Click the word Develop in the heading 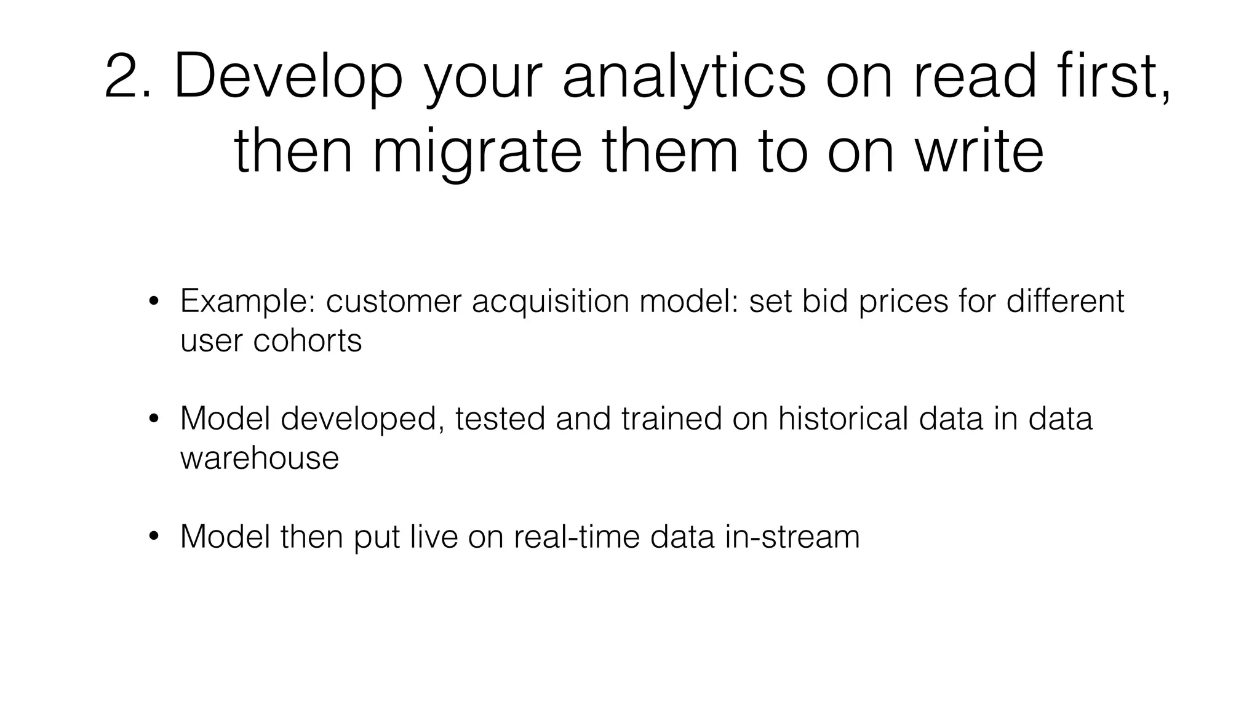[289, 76]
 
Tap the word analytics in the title [684, 76]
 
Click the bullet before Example [154, 302]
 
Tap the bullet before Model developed [154, 419]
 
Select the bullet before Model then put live [154, 537]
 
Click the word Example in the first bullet [247, 302]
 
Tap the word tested [500, 419]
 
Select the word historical [843, 419]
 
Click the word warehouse [259, 458]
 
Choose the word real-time [576, 536]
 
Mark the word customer [393, 302]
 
